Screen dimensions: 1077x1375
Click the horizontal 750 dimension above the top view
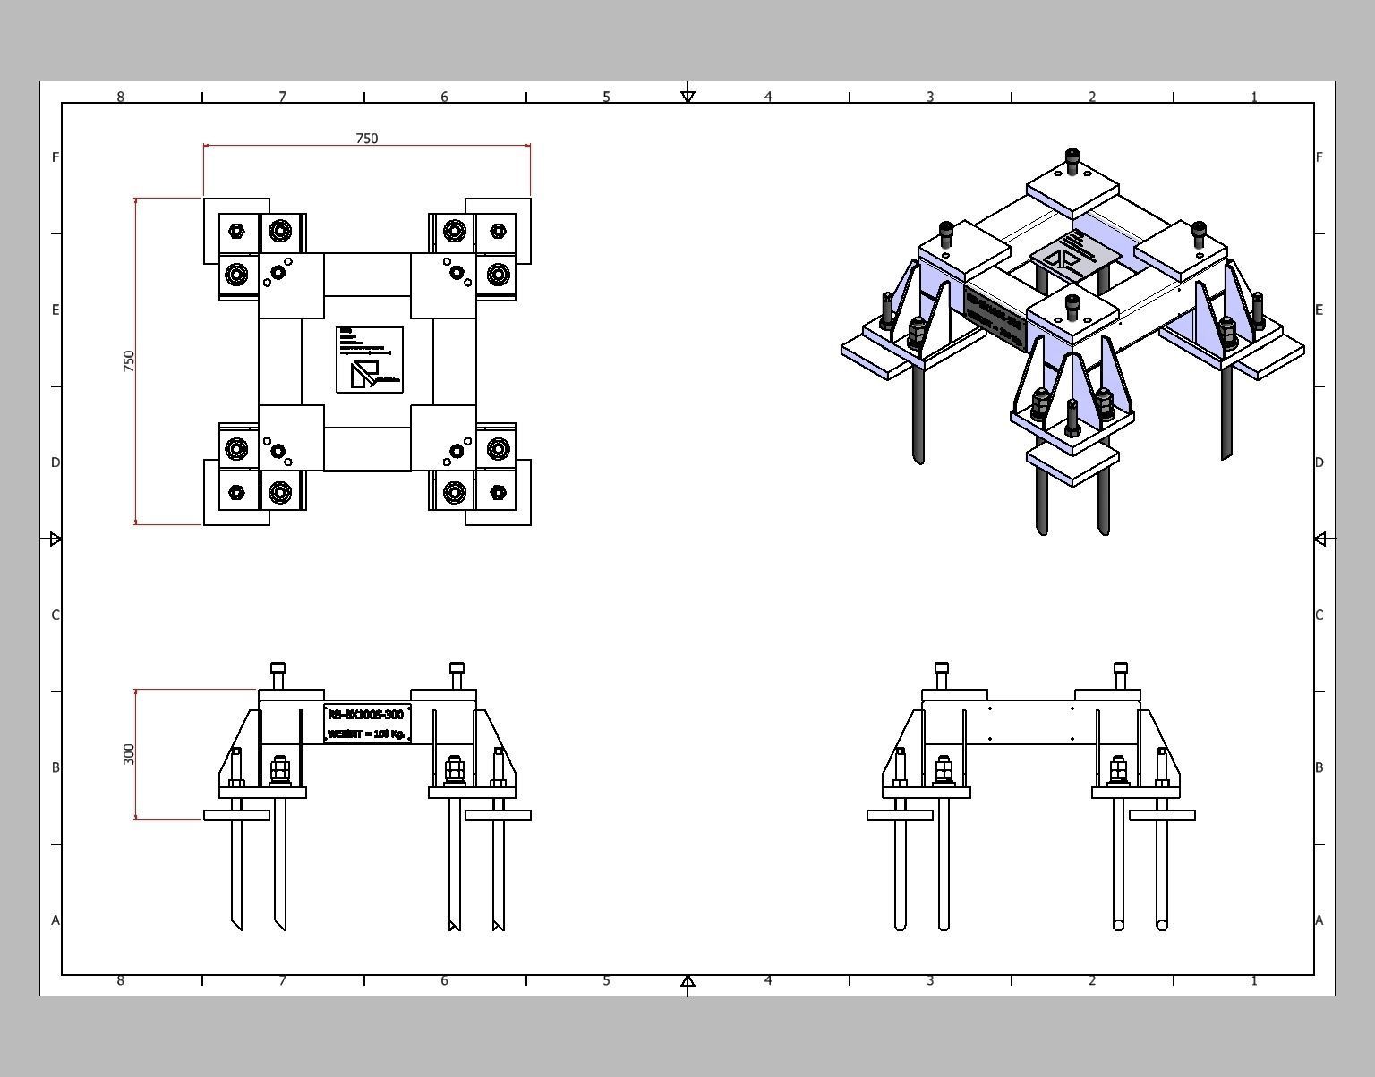[367, 139]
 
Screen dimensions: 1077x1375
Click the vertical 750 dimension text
[129, 361]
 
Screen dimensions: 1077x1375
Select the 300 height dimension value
[129, 754]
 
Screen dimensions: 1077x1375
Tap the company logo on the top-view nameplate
[365, 374]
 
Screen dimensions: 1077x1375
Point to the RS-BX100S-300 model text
[366, 714]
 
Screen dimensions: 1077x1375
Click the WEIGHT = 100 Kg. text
[367, 734]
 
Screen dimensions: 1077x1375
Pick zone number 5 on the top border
[606, 97]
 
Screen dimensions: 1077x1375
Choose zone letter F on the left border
[56, 157]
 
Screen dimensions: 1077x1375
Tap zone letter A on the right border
[1319, 920]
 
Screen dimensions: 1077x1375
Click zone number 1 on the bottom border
[1254, 980]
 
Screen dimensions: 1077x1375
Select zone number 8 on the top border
[121, 97]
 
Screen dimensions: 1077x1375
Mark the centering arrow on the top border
[687, 96]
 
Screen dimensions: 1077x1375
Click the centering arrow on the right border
[1320, 538]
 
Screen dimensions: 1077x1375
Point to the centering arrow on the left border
[56, 538]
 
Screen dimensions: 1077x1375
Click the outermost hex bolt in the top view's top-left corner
[236, 231]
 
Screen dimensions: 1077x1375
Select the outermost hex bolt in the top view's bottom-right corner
[499, 492]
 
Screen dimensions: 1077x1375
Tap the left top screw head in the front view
[278, 669]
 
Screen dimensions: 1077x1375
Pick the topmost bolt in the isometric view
[1073, 161]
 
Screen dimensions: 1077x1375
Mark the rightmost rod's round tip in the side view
[1162, 925]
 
